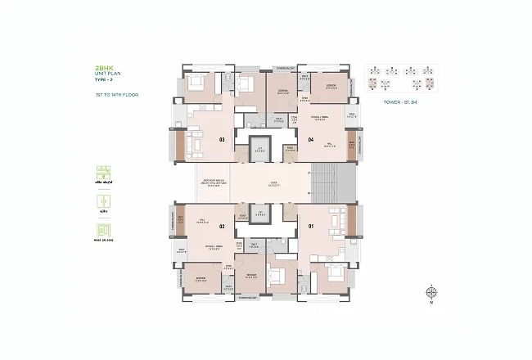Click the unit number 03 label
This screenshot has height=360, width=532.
tap(222, 140)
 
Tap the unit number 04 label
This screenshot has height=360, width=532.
tap(311, 140)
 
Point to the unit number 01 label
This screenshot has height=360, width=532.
tap(310, 225)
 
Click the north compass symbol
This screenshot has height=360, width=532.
tap(431, 291)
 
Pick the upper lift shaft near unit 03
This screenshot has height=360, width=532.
tap(260, 150)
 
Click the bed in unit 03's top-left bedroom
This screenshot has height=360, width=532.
tap(197, 81)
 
